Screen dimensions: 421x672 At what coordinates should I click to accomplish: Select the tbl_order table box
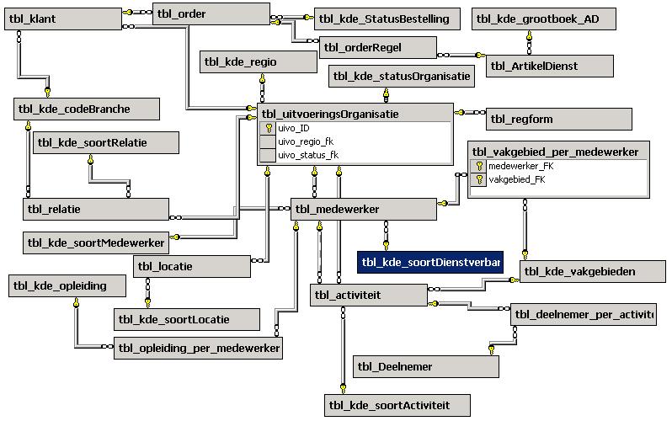click(211, 14)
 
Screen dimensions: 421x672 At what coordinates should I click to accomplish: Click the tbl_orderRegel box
click(377, 47)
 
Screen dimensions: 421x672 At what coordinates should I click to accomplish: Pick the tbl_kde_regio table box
click(250, 62)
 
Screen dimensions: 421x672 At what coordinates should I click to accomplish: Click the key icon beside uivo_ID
click(269, 128)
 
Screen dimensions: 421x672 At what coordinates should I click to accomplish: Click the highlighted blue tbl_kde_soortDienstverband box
click(430, 262)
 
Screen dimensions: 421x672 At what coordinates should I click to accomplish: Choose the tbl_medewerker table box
click(363, 210)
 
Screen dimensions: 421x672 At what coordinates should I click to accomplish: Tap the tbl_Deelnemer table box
click(425, 366)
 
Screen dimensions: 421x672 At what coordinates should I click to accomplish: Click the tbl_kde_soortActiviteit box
click(397, 406)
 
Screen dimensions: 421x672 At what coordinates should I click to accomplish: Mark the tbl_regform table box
click(558, 120)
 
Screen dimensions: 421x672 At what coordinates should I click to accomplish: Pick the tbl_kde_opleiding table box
click(67, 286)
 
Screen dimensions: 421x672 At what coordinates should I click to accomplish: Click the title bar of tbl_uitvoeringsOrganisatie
click(355, 114)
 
